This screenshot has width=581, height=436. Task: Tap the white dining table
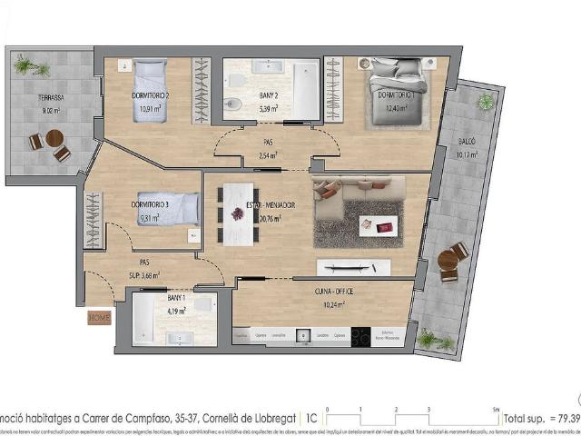pyautogui.click(x=238, y=213)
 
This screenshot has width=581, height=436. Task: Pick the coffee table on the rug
pyautogui.click(x=378, y=224)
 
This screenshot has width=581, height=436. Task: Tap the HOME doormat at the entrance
pyautogui.click(x=99, y=318)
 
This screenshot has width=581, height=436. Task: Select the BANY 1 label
pyautogui.click(x=176, y=298)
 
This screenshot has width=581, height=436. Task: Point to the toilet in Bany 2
pyautogui.click(x=232, y=104)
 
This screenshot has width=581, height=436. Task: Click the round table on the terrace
pyautogui.click(x=54, y=139)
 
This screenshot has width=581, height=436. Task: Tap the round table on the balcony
pyautogui.click(x=448, y=261)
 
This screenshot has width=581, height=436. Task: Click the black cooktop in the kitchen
pyautogui.click(x=359, y=336)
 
